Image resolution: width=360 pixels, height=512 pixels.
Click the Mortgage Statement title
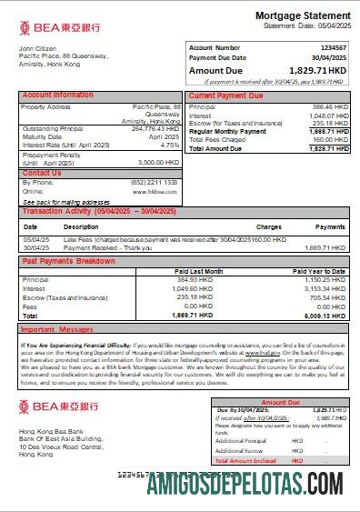[x=301, y=16]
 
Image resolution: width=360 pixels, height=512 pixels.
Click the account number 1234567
[x=328, y=47]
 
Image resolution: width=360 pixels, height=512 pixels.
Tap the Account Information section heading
[x=57, y=95]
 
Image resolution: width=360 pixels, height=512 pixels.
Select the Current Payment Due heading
[x=226, y=95]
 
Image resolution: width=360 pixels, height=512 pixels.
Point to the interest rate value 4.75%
[x=170, y=145]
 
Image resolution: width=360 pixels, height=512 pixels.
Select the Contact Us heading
[x=42, y=173]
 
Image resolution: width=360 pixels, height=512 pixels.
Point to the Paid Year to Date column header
[x=319, y=271]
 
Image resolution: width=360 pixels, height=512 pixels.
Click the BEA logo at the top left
[x=58, y=27]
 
